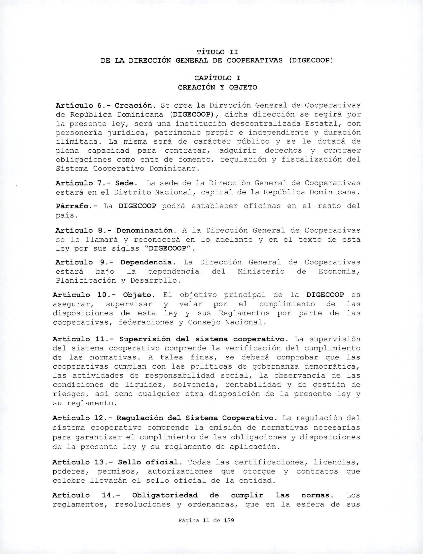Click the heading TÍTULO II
pos(217,52)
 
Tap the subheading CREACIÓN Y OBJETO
pos(217,87)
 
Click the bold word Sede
pos(123,183)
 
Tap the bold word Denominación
pos(144,230)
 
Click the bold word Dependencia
pos(147,262)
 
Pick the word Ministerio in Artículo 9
pos(261,271)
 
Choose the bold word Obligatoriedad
pos(165,495)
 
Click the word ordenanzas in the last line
pos(213,505)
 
